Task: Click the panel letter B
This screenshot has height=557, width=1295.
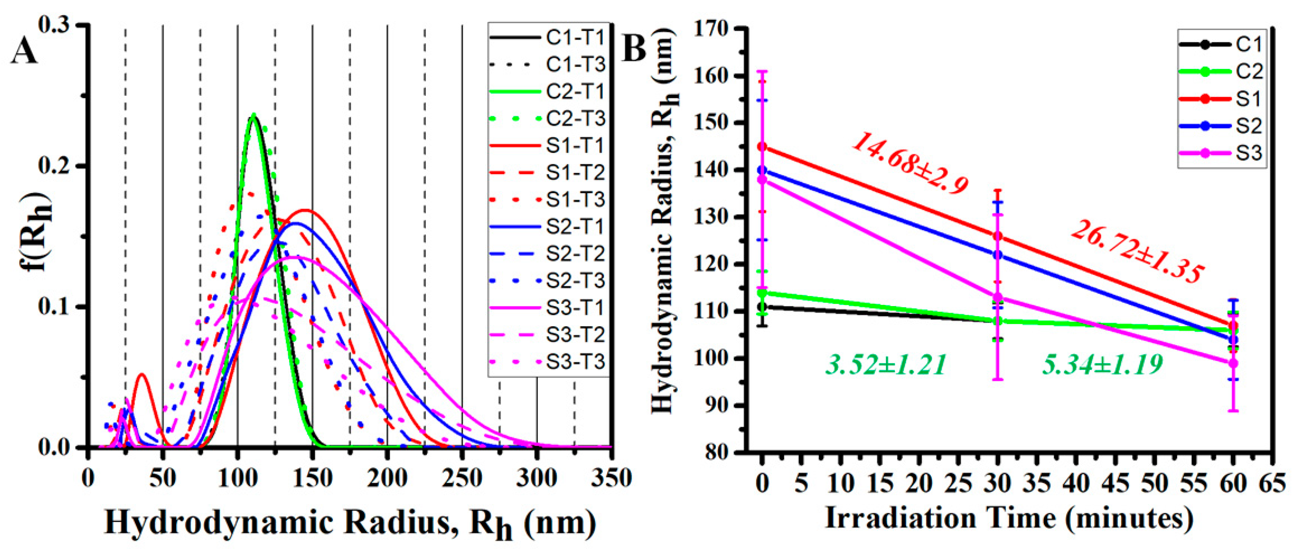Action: point(634,49)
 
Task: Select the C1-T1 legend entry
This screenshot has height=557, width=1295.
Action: point(548,38)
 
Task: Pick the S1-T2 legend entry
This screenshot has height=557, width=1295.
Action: point(548,172)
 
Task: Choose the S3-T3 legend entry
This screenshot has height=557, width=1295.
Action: point(548,362)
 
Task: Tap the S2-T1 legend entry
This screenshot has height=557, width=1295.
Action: point(548,227)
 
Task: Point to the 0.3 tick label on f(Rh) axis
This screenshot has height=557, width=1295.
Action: point(55,25)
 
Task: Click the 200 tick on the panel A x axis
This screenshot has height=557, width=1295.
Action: point(387,479)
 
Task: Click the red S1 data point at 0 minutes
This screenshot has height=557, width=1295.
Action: point(763,147)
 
